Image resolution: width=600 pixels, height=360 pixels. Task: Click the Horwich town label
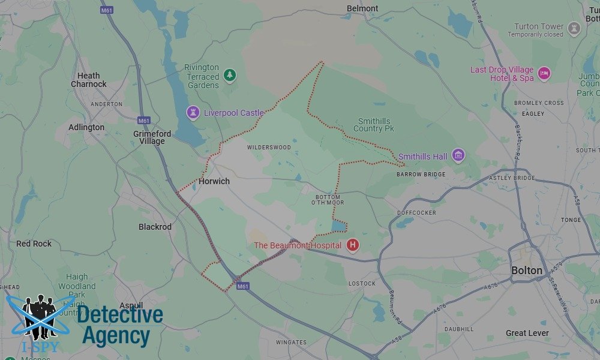click(x=214, y=181)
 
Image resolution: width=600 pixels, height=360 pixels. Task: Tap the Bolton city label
click(x=527, y=271)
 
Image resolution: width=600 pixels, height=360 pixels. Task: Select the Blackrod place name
click(x=155, y=227)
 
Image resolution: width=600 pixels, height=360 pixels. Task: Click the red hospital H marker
click(x=353, y=245)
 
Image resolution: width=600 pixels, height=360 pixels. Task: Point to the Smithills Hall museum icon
click(x=458, y=156)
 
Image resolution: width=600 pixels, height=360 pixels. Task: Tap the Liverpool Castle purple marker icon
click(x=193, y=112)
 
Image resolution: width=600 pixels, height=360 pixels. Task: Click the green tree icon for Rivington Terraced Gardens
click(x=229, y=76)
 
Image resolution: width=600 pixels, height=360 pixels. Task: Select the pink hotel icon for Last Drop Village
click(x=544, y=74)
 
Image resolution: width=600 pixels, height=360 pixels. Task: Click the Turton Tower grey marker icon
click(x=574, y=28)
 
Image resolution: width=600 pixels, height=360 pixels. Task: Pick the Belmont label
click(x=363, y=8)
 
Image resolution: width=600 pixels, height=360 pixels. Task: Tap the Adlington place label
click(x=86, y=127)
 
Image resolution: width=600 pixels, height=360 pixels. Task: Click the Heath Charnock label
click(x=89, y=80)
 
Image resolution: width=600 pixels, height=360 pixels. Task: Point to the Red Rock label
click(x=34, y=244)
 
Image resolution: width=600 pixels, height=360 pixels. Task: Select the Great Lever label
click(x=527, y=333)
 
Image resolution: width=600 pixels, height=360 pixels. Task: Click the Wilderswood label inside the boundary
click(x=269, y=148)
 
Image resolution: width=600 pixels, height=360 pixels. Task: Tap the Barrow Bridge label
click(x=421, y=175)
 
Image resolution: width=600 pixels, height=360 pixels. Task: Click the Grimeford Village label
click(x=152, y=137)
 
